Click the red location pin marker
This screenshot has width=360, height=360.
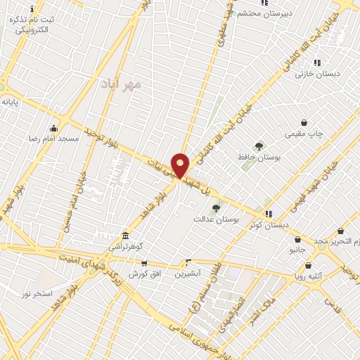[x=180, y=165]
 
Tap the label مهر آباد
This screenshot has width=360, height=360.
[x=120, y=84]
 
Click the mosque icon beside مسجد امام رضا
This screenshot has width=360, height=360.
[x=54, y=128]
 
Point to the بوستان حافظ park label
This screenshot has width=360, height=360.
[x=259, y=157]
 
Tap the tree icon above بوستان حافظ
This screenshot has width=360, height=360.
[x=259, y=146]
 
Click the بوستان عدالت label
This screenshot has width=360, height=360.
[x=217, y=219]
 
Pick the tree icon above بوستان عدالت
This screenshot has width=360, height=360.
[x=216, y=208]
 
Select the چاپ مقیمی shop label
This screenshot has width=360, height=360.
[x=303, y=134]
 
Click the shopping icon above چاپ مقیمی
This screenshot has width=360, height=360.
[x=303, y=122]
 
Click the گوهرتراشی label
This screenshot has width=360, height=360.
[x=125, y=247]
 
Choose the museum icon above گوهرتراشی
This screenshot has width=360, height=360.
[x=125, y=236]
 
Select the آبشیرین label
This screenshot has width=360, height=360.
[x=188, y=272]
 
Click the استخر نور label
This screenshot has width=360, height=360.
[x=37, y=292]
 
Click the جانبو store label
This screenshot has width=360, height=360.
[x=297, y=250]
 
